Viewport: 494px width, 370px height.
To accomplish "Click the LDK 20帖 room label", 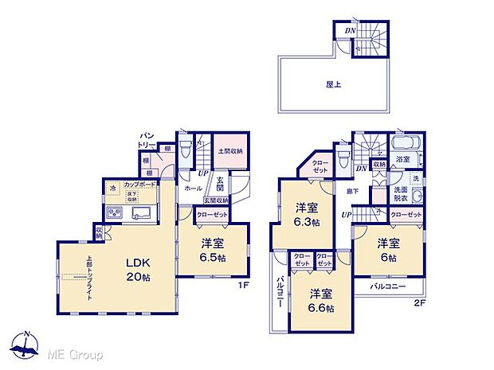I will point(137,270).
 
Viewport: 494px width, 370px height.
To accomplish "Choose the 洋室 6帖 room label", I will point(388,248).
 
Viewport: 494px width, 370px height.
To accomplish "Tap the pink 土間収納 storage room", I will point(230,150).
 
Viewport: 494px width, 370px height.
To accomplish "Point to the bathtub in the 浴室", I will point(406,145).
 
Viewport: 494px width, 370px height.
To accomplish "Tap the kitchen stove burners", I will point(114,212).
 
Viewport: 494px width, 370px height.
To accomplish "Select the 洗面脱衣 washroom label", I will point(401,195).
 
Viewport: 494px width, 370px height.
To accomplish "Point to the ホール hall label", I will point(194,189).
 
